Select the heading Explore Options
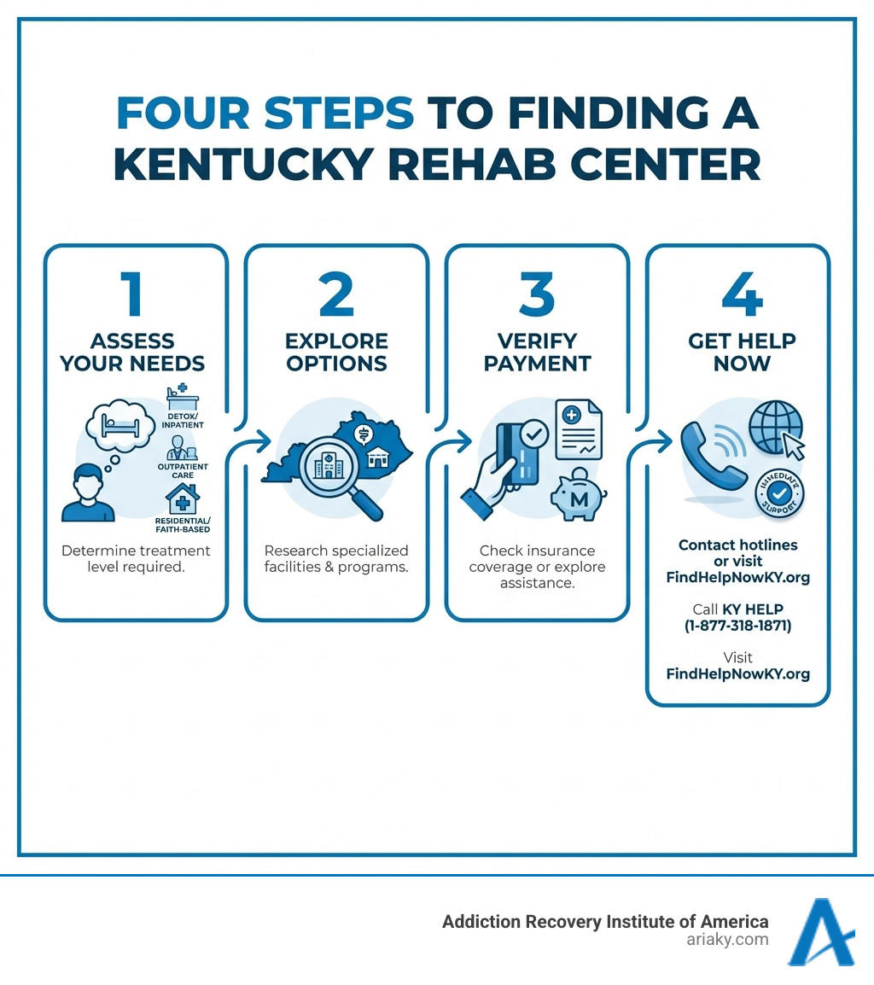tap(336, 352)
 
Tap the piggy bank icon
tap(578, 494)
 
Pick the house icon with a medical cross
tap(182, 498)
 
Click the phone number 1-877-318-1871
tap(737, 626)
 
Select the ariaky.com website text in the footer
tap(729, 939)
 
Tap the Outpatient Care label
tap(184, 470)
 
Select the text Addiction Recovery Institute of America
tap(605, 921)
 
